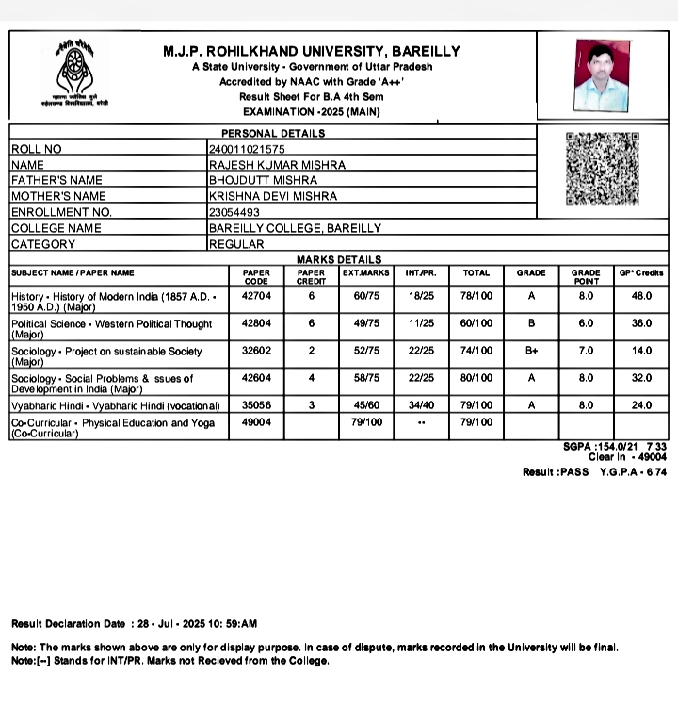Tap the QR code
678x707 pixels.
602,169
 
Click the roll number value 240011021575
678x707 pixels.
247,149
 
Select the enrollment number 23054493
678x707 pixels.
234,212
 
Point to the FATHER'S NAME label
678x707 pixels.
56,180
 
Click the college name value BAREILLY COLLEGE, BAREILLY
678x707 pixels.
295,228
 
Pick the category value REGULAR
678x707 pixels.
236,244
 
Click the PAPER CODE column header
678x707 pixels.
256,276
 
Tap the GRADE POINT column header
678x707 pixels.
586,276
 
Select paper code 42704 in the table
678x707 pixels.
256,296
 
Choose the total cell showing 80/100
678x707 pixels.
476,378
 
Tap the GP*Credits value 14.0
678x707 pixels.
641,351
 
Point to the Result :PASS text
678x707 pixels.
556,471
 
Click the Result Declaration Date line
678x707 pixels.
135,623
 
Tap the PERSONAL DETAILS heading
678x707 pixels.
273,134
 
